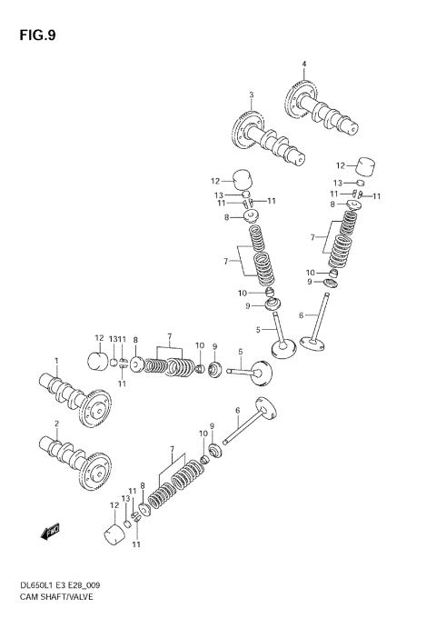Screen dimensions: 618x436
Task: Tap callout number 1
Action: point(55,360)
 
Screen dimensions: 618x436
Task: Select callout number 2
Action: point(55,424)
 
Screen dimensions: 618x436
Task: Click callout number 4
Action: point(304,63)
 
